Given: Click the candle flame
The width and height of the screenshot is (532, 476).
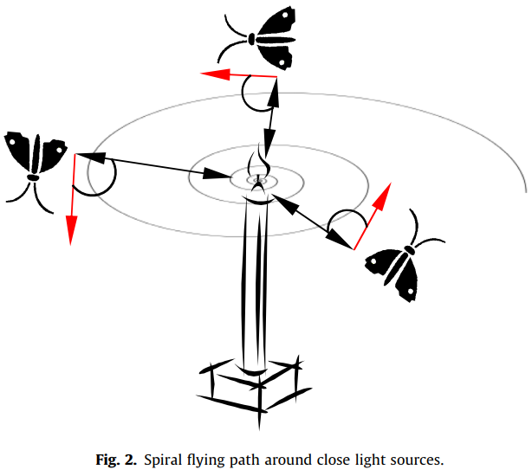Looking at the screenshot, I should (x=257, y=167).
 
